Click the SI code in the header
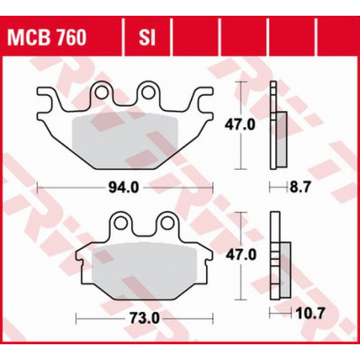(x=145, y=37)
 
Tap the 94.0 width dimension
(x=125, y=187)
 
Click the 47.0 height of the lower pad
(x=241, y=255)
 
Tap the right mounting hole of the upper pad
(x=147, y=94)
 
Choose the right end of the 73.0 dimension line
(x=211, y=318)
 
